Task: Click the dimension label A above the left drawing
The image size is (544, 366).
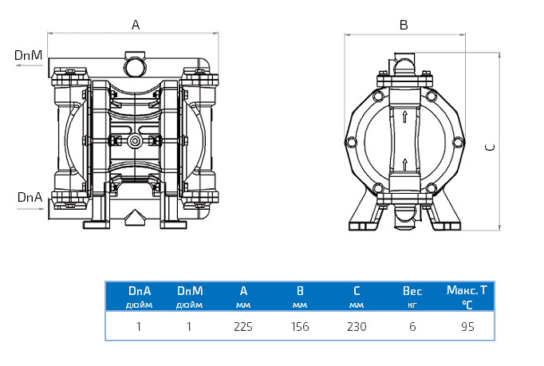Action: click(x=136, y=25)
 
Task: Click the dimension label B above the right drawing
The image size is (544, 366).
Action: click(x=404, y=25)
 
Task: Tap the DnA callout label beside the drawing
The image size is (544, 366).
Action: click(x=29, y=196)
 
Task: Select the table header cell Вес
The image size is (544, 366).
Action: click(x=412, y=291)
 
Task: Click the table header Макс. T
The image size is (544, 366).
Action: click(x=467, y=290)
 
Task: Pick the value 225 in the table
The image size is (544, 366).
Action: click(x=243, y=326)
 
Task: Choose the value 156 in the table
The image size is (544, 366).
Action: click(x=300, y=326)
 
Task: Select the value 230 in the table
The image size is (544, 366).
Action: click(x=357, y=326)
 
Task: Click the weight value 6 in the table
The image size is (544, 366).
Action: click(x=412, y=326)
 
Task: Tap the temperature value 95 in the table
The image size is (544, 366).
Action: click(x=467, y=326)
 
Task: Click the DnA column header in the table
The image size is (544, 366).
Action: click(x=140, y=291)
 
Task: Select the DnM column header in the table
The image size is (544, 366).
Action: click(x=189, y=291)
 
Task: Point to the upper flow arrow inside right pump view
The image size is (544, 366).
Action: click(x=406, y=117)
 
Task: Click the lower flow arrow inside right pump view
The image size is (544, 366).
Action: click(x=406, y=165)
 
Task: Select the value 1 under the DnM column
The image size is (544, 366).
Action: click(x=189, y=326)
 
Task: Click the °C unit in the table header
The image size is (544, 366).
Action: click(x=467, y=305)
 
